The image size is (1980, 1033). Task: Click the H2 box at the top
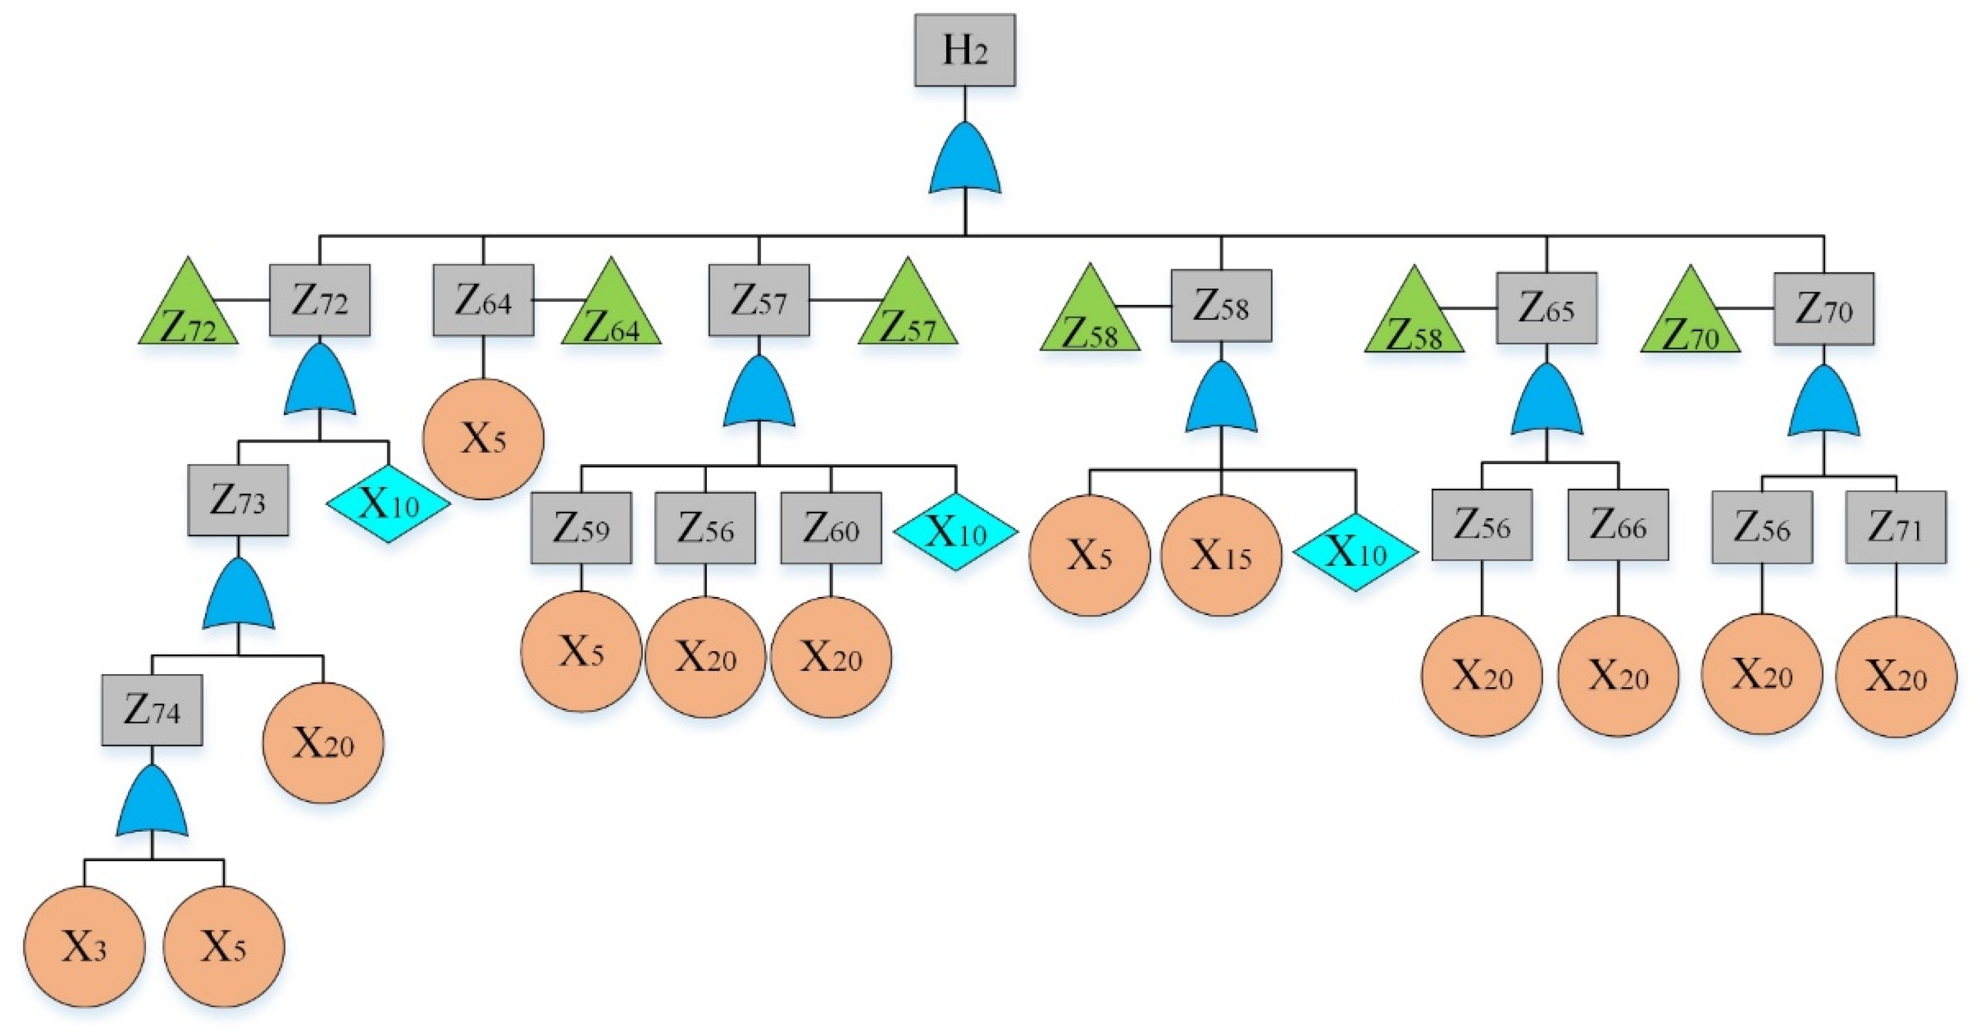pyautogui.click(x=965, y=50)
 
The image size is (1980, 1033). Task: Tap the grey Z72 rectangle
pyautogui.click(x=320, y=301)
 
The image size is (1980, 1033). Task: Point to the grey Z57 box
pyautogui.click(x=759, y=301)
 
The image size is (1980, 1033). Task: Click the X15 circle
pyautogui.click(x=1221, y=555)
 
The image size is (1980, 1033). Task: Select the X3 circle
pyautogui.click(x=85, y=947)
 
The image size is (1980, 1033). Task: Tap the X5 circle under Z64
pyautogui.click(x=483, y=439)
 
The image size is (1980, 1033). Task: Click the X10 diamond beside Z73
pyautogui.click(x=388, y=503)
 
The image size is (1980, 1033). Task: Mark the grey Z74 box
pyautogui.click(x=152, y=710)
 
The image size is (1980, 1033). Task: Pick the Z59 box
pyautogui.click(x=581, y=528)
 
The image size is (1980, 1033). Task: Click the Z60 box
pyautogui.click(x=831, y=528)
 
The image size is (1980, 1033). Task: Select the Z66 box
pyautogui.click(x=1618, y=525)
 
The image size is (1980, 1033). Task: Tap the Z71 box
pyautogui.click(x=1895, y=527)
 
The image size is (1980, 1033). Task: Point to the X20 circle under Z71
pyautogui.click(x=1895, y=676)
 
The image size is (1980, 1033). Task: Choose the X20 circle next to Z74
pyautogui.click(x=323, y=743)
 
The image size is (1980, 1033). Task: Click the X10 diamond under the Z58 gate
pyautogui.click(x=1355, y=552)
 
